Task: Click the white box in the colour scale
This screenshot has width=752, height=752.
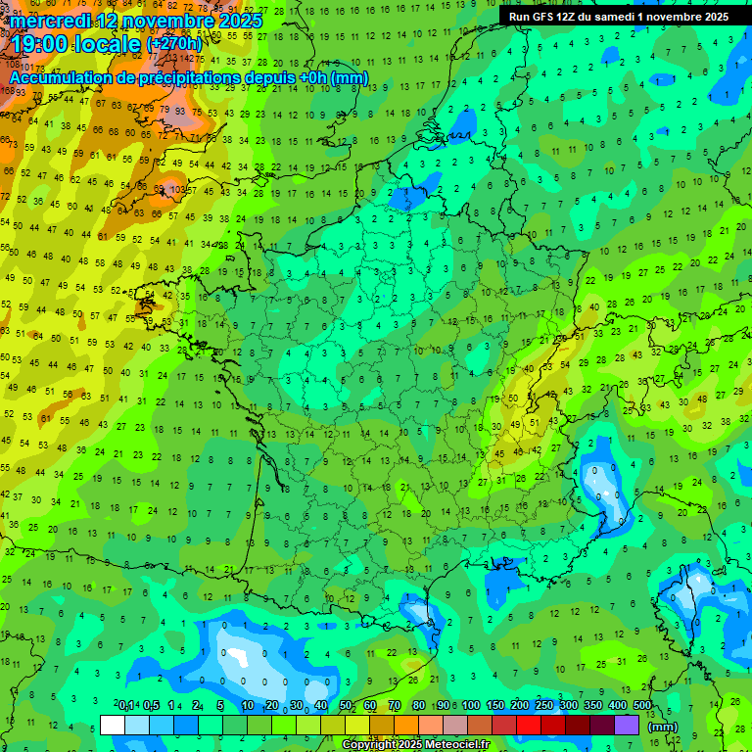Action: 113,725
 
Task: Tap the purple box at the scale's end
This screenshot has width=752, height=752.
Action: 627,725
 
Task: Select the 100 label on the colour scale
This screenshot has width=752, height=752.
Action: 471,706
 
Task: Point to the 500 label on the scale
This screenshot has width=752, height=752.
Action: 642,706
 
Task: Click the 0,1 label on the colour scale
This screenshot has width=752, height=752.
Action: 126,706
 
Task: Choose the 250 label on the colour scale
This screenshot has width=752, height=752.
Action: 544,706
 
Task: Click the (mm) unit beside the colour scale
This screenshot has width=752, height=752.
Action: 663,727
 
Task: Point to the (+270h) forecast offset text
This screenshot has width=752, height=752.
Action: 174,44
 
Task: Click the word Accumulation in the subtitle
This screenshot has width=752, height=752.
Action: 63,77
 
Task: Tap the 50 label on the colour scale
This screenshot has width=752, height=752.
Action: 346,706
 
